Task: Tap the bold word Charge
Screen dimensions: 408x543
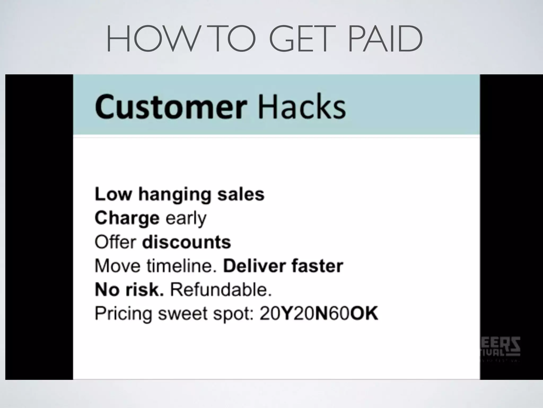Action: point(127,218)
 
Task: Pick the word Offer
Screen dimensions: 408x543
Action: point(115,242)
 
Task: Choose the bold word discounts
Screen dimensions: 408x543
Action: point(187,242)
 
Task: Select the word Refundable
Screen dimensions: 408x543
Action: point(221,290)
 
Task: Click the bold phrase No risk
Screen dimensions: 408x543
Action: point(129,290)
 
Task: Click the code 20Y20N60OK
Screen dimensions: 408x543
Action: point(318,314)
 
